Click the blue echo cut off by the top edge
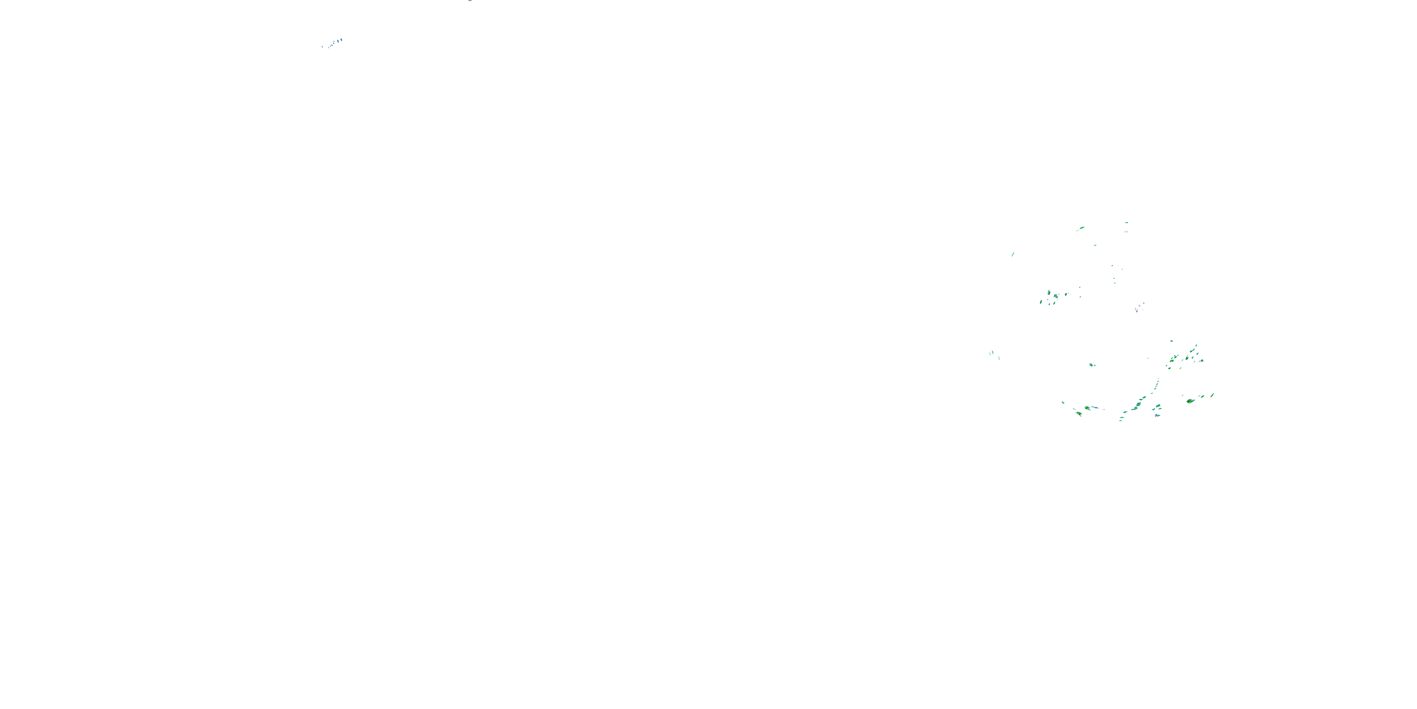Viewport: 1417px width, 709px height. click(470, 0)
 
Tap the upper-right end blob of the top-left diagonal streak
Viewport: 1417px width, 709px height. click(341, 40)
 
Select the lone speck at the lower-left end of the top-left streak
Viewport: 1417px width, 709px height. click(322, 47)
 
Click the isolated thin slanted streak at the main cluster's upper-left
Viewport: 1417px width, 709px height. click(1013, 254)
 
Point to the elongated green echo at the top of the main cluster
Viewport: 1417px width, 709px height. click(1082, 228)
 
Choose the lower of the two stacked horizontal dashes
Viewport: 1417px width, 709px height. click(1126, 232)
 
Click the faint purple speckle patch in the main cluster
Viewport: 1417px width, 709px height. click(1139, 307)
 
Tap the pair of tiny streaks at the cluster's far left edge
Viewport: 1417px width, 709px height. click(992, 354)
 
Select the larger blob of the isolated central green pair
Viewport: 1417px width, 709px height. click(1092, 364)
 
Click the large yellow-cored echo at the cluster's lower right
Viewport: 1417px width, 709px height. click(1190, 401)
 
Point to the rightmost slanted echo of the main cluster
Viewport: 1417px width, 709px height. click(1212, 395)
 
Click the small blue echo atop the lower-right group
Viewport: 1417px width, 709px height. click(1171, 341)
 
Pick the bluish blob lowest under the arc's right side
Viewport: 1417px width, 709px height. click(1157, 415)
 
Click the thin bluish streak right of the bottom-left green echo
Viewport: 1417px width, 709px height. click(1095, 408)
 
